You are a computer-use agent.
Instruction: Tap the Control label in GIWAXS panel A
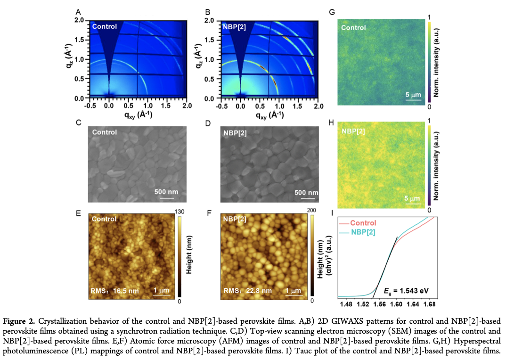[x=104, y=26]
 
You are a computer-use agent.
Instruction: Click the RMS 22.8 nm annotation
[x=246, y=291]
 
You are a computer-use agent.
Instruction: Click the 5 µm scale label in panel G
[x=413, y=95]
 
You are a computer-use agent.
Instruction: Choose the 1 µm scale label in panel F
[x=293, y=291]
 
